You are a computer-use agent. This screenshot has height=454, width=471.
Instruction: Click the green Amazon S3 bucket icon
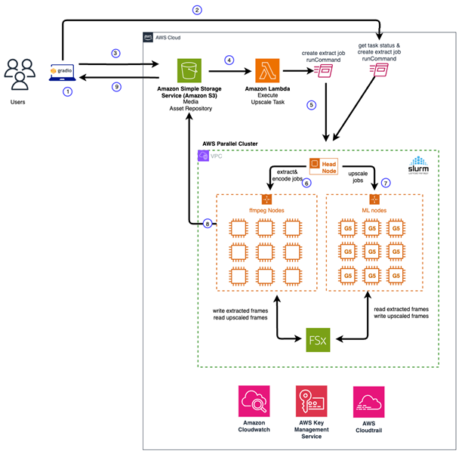point(189,71)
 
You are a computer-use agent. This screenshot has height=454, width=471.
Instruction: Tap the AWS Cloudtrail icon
point(368,400)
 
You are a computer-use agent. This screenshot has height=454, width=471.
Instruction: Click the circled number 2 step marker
point(197,10)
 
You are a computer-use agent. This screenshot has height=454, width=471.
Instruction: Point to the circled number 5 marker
point(310,104)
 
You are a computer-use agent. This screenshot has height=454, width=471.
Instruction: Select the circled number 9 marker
point(115,87)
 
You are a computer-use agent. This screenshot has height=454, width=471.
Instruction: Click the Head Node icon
point(318,164)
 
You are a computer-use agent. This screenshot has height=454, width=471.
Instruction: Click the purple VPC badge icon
point(203,156)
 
